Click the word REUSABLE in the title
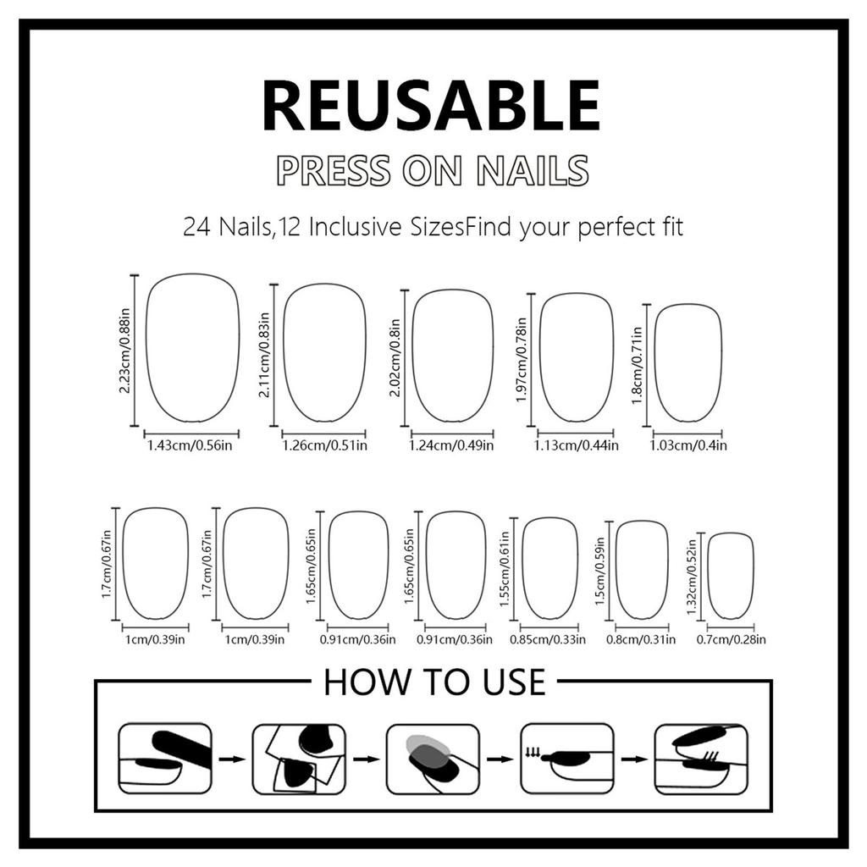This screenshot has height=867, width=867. click(x=432, y=105)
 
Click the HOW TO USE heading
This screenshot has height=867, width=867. click(x=433, y=682)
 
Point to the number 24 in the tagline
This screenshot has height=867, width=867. click(x=197, y=227)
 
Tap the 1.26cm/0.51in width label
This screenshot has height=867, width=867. click(x=324, y=445)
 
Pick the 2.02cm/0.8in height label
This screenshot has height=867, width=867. click(x=395, y=356)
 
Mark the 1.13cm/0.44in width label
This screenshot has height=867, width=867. click(x=576, y=445)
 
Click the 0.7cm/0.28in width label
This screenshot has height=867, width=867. click(x=731, y=640)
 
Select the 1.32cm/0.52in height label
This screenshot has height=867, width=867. click(x=692, y=576)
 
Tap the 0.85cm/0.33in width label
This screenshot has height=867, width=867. click(x=548, y=640)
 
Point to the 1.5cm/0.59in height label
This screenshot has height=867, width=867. click(x=600, y=570)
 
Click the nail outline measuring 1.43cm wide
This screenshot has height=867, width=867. click(x=192, y=347)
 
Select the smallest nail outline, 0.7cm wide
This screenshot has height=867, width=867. click(x=730, y=576)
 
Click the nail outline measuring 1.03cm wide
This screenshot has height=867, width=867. click(x=688, y=362)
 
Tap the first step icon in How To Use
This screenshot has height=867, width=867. click(x=164, y=758)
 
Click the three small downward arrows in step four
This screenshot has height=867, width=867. click(x=533, y=749)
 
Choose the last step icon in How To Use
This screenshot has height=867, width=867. click(x=701, y=758)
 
